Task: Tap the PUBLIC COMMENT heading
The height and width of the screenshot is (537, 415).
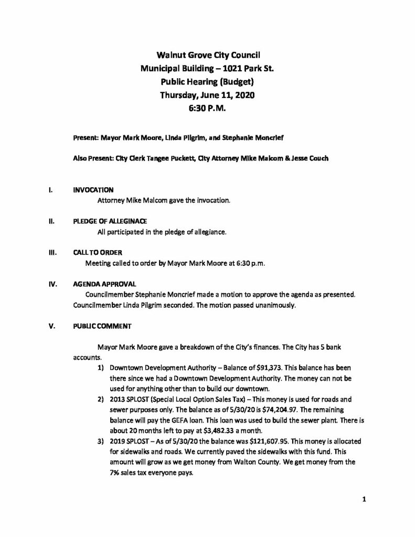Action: coord(102,325)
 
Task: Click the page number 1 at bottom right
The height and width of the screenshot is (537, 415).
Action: coord(363,500)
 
